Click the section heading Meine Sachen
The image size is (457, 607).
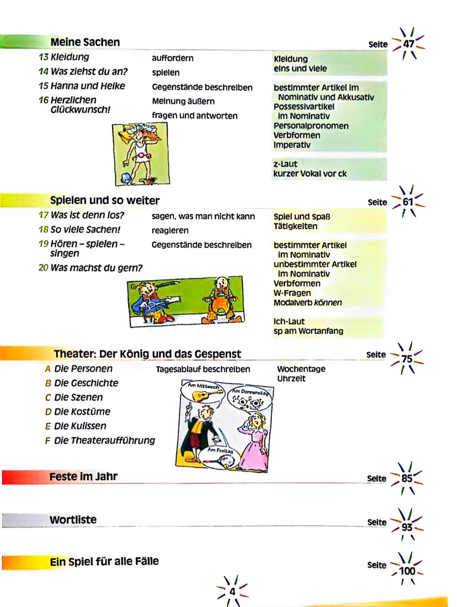pyautogui.click(x=85, y=42)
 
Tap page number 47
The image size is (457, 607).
pyautogui.click(x=408, y=43)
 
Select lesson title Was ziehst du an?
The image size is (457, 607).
pyautogui.click(x=89, y=72)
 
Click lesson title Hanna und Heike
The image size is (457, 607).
pyautogui.click(x=88, y=86)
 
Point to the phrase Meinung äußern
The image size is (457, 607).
pyautogui.click(x=183, y=101)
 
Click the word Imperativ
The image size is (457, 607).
pyautogui.click(x=292, y=145)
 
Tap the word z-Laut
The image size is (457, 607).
pyautogui.click(x=285, y=164)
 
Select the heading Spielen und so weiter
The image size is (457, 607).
pyautogui.click(x=105, y=200)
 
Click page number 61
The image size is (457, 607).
pyautogui.click(x=408, y=202)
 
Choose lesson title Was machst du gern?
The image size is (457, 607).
pyautogui.click(x=96, y=268)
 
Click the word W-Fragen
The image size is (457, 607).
pyautogui.click(x=292, y=293)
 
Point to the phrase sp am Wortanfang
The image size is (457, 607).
pyautogui.click(x=308, y=331)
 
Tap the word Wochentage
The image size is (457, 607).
pyautogui.click(x=301, y=369)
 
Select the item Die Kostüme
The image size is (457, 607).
pyautogui.click(x=82, y=412)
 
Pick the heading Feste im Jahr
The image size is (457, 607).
pyautogui.click(x=83, y=477)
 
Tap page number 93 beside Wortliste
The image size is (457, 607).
pyautogui.click(x=407, y=527)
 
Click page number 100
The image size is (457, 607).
pyautogui.click(x=407, y=571)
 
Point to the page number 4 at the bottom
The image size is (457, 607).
pyautogui.click(x=232, y=592)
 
